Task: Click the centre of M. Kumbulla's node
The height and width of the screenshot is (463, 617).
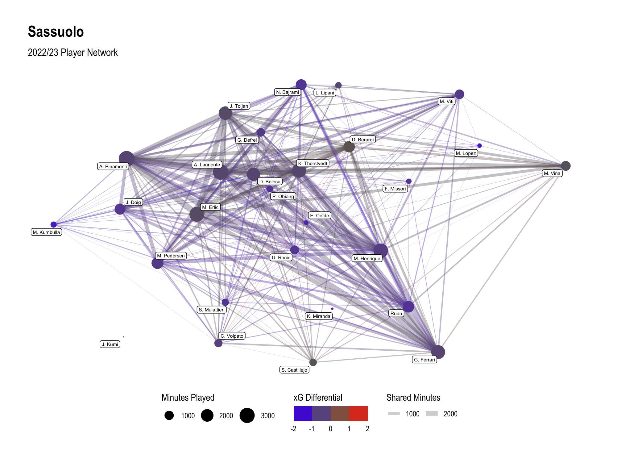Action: click(54, 224)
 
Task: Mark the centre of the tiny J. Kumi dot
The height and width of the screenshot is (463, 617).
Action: click(123, 337)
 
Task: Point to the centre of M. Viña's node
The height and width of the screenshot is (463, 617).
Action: click(566, 166)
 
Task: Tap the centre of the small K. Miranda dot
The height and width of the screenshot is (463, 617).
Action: click(332, 309)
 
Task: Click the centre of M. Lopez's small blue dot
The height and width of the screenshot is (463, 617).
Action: click(479, 146)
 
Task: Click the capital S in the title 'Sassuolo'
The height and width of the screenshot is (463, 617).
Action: click(32, 32)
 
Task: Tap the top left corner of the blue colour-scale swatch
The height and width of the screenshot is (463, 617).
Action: click(294, 406)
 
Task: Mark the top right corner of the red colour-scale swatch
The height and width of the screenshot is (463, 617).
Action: click(368, 406)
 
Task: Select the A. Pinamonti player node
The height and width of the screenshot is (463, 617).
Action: click(127, 159)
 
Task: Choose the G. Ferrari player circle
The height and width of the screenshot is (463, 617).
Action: click(438, 352)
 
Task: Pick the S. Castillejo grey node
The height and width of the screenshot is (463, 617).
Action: click(313, 362)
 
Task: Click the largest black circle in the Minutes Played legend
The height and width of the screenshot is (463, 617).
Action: click(247, 415)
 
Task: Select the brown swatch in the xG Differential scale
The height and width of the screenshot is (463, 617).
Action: click(340, 414)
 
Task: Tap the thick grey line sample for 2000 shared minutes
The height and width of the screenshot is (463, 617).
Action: click(432, 414)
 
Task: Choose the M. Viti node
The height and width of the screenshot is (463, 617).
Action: click(459, 94)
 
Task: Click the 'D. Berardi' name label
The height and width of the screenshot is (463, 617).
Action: click(363, 140)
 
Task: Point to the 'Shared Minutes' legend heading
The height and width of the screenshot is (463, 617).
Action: click(413, 398)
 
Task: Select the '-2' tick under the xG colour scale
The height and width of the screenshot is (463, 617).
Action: click(293, 429)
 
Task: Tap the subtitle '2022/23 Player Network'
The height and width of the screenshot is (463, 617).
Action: click(73, 52)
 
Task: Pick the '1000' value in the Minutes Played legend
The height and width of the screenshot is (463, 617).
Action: click(188, 416)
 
